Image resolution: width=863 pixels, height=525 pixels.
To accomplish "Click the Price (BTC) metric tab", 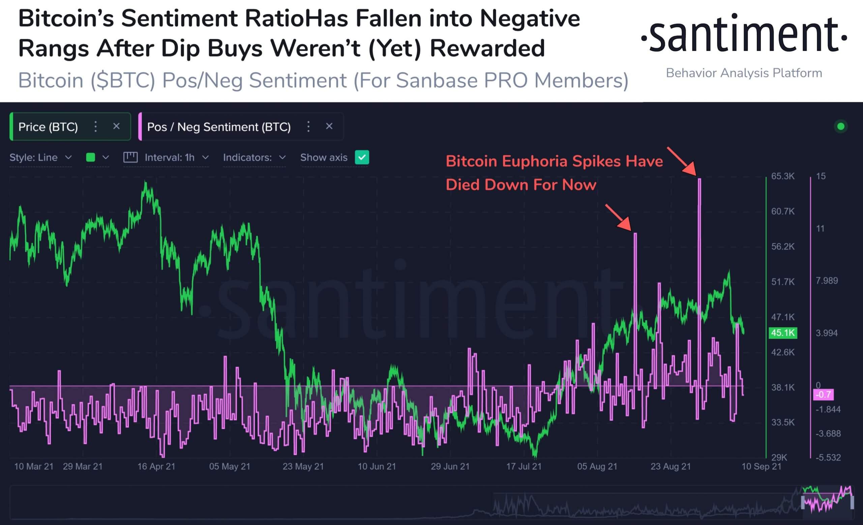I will click(x=48, y=127).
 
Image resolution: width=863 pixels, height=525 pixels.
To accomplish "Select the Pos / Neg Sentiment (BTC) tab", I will click(x=218, y=127).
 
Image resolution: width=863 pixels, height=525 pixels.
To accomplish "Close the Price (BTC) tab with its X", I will click(x=116, y=126).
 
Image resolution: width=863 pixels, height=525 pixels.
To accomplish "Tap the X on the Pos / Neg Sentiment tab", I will click(x=329, y=126).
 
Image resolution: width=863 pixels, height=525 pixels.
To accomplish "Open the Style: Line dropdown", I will click(x=40, y=157).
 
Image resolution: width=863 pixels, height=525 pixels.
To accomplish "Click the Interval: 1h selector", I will click(x=170, y=157).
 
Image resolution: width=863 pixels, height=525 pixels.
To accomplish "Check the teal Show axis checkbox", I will click(x=362, y=157).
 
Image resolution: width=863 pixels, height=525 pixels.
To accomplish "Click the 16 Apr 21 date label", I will click(x=156, y=467).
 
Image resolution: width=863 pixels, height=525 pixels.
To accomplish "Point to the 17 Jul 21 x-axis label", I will click(x=524, y=467).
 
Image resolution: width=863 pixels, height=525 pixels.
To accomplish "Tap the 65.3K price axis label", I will click(x=783, y=176).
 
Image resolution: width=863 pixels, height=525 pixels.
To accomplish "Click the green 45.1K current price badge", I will click(x=783, y=333).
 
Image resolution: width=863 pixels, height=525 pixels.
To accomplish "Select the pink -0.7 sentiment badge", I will click(x=823, y=395).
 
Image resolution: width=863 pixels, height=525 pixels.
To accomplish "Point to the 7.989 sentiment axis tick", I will click(x=827, y=281).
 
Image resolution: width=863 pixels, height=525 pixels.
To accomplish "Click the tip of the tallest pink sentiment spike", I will click(x=700, y=179).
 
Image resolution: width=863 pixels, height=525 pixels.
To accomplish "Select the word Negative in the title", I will click(x=530, y=19).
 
